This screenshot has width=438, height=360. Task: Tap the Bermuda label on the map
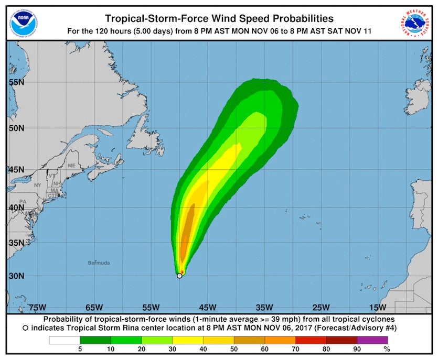pyautogui.click(x=99, y=263)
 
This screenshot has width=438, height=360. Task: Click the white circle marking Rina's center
pyautogui.click(x=179, y=276)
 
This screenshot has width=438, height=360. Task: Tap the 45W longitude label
pyautogui.click(x=207, y=307)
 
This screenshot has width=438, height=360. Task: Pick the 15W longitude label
pyautogui.click(x=377, y=307)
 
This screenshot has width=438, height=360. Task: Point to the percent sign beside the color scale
pyautogui.click(x=387, y=349)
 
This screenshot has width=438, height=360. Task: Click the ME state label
pyautogui.click(x=71, y=166)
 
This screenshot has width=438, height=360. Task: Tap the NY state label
pyautogui.click(x=37, y=185)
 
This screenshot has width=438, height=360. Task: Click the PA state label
pyautogui.click(x=23, y=202)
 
